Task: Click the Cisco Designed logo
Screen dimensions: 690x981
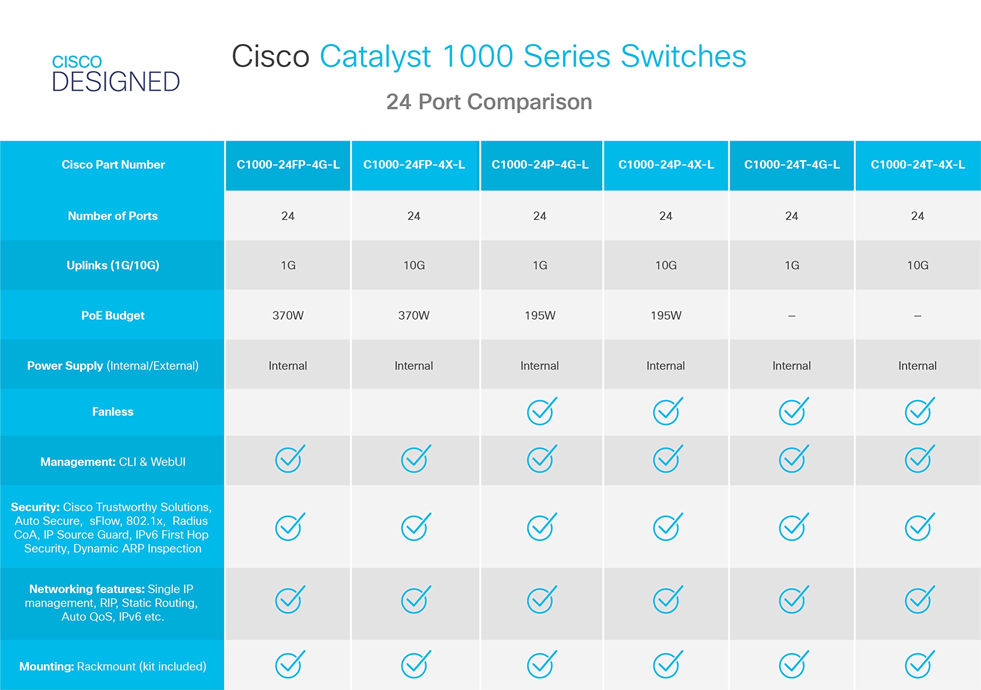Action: point(115,73)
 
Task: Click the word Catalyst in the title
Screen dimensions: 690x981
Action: point(375,56)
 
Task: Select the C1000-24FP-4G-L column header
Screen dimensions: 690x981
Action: point(288,165)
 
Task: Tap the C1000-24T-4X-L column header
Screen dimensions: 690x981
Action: point(917,165)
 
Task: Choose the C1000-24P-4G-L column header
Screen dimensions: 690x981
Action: point(540,165)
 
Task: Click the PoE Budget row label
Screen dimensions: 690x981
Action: point(113,315)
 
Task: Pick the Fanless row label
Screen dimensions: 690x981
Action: point(113,412)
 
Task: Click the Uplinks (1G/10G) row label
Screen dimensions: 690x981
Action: point(113,266)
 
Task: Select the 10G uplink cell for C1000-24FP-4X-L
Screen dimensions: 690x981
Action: point(414,266)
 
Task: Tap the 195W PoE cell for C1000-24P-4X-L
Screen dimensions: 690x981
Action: point(666,315)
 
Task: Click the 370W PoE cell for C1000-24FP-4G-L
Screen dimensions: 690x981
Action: point(288,315)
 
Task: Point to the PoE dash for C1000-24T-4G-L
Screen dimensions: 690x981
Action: point(791,316)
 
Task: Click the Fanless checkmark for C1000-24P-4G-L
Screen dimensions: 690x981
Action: point(540,412)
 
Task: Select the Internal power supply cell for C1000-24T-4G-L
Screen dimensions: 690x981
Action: point(791,366)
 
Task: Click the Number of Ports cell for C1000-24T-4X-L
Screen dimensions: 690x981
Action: point(917,216)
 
